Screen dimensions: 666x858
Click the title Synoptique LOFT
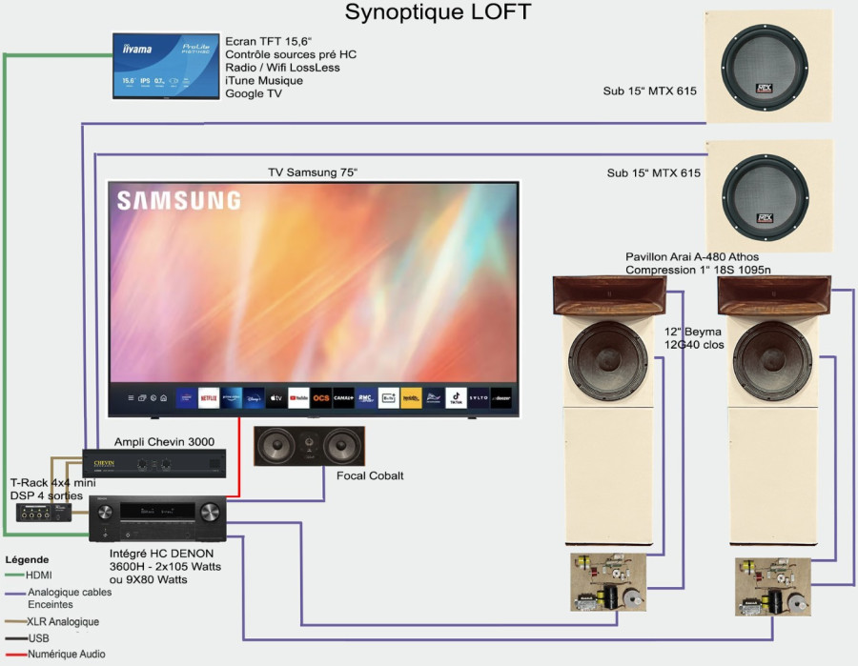438,12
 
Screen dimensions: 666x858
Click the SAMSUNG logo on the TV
178,200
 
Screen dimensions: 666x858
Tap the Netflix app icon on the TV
209,397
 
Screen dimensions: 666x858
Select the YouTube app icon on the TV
298,397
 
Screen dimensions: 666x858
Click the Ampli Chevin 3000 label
164,441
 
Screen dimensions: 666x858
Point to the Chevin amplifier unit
154,464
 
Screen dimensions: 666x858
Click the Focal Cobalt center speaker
310,446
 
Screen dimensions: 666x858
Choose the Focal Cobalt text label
370,475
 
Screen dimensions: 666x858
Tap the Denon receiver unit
157,518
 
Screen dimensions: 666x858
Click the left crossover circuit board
609,583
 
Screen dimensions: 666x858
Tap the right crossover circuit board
772,584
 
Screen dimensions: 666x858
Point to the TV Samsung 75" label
312,172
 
